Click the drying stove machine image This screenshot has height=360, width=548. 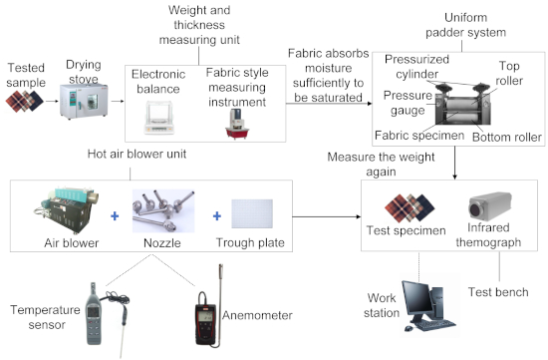pyautogui.click(x=84, y=101)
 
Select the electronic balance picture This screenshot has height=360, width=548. pyautogui.click(x=159, y=118)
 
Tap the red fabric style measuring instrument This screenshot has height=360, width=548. pyautogui.click(x=237, y=125)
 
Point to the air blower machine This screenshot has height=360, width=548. pyautogui.click(x=67, y=210)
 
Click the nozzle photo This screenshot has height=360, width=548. pyautogui.click(x=163, y=211)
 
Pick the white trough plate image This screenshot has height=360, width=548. pyautogui.click(x=252, y=213)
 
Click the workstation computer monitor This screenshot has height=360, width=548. pyautogui.click(x=415, y=299)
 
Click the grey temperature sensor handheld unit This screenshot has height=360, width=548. pyautogui.click(x=94, y=314)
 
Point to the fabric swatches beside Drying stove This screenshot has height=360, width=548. pyautogui.click(x=24, y=101)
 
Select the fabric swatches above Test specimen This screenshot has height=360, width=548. pyautogui.click(x=410, y=208)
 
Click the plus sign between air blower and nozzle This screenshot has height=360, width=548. pyautogui.click(x=115, y=216)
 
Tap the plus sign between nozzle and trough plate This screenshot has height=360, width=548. pyautogui.click(x=216, y=215)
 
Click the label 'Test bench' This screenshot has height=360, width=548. pyautogui.click(x=498, y=292)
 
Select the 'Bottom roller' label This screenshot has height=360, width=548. pyautogui.click(x=507, y=138)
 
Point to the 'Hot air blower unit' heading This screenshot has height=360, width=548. pyautogui.click(x=137, y=154)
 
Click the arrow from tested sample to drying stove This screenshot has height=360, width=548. pyautogui.click(x=52, y=102)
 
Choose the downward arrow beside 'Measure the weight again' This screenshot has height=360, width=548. pyautogui.click(x=454, y=163)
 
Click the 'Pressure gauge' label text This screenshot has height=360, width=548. pyautogui.click(x=408, y=103)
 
